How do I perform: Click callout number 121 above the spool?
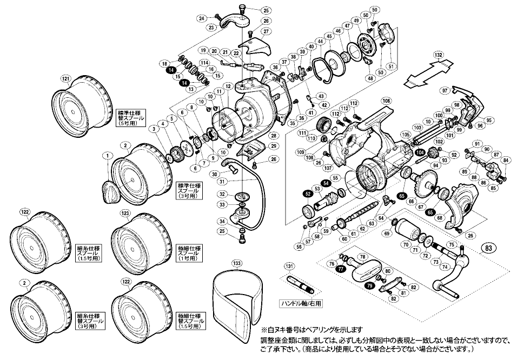click(66, 79)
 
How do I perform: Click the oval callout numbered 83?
click(488, 249)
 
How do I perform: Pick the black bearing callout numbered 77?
click(340, 268)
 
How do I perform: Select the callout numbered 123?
click(125, 214)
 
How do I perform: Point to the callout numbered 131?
click(290, 266)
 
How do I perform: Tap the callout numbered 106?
click(386, 101)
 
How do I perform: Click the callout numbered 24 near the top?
click(201, 18)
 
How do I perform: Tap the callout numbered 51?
click(392, 66)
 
